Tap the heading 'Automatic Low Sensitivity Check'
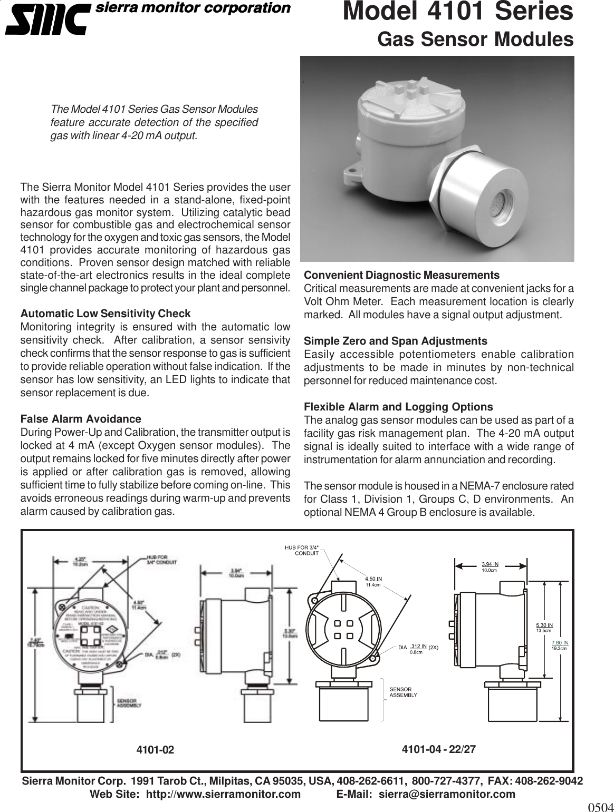pos(105,314)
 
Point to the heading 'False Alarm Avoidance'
pos(80,419)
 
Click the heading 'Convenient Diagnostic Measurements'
pos(401,276)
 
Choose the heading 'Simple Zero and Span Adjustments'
pos(396,341)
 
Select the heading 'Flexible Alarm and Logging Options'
pos(398,407)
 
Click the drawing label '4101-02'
pos(155,750)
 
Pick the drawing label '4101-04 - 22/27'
pos(438,749)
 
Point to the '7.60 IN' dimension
pos(559,643)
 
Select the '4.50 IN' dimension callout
pos(373,579)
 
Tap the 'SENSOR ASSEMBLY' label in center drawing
pos(403,692)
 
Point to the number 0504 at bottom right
pos(600,807)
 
